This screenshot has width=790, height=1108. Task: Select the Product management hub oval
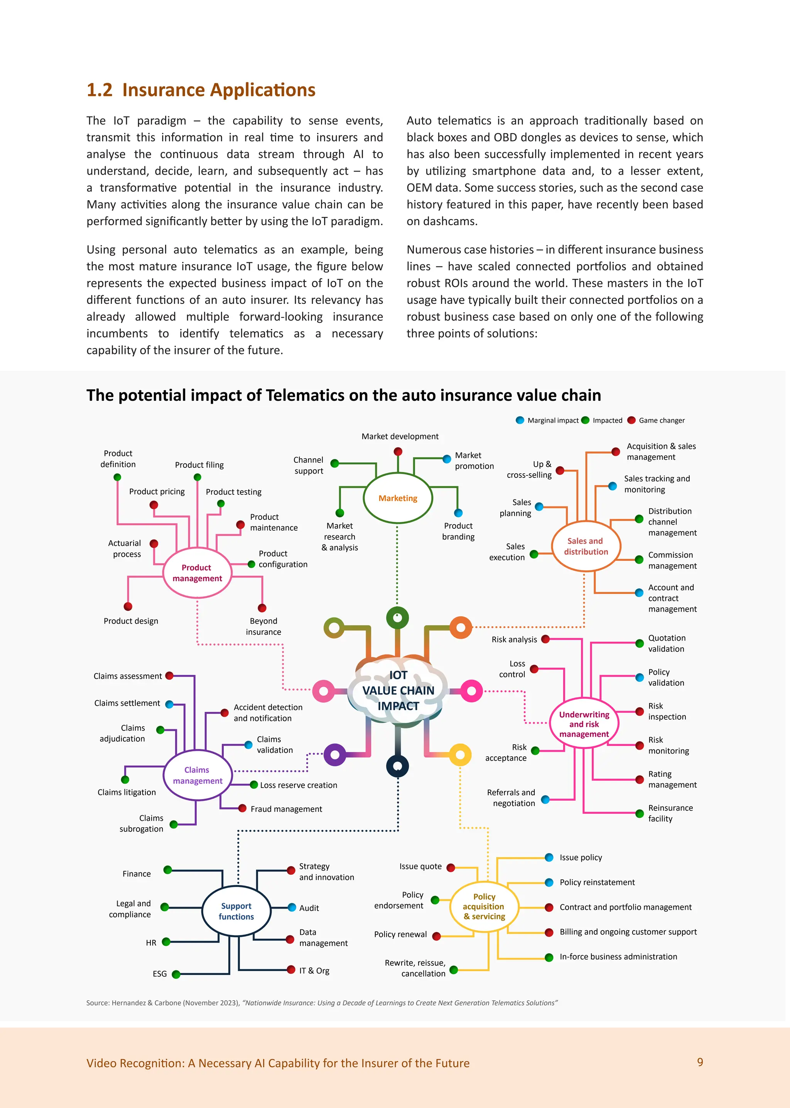click(x=197, y=573)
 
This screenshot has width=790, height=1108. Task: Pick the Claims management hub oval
click(x=197, y=775)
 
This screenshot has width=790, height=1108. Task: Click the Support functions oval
click(x=236, y=911)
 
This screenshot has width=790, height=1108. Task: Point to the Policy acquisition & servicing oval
click(x=484, y=906)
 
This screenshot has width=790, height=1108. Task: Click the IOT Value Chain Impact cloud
click(x=398, y=691)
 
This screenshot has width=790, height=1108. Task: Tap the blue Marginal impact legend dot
click(x=520, y=420)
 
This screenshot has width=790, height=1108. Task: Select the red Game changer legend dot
click(x=631, y=420)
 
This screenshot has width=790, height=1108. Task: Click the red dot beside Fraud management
click(x=242, y=808)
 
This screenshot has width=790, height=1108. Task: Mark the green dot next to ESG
click(x=176, y=974)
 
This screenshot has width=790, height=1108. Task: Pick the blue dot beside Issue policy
click(x=549, y=857)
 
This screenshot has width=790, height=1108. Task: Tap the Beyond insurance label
click(x=263, y=626)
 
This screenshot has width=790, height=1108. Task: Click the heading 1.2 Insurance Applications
click(x=201, y=90)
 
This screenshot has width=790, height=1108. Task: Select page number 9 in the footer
click(x=699, y=1062)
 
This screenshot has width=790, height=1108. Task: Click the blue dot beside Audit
click(x=292, y=907)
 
